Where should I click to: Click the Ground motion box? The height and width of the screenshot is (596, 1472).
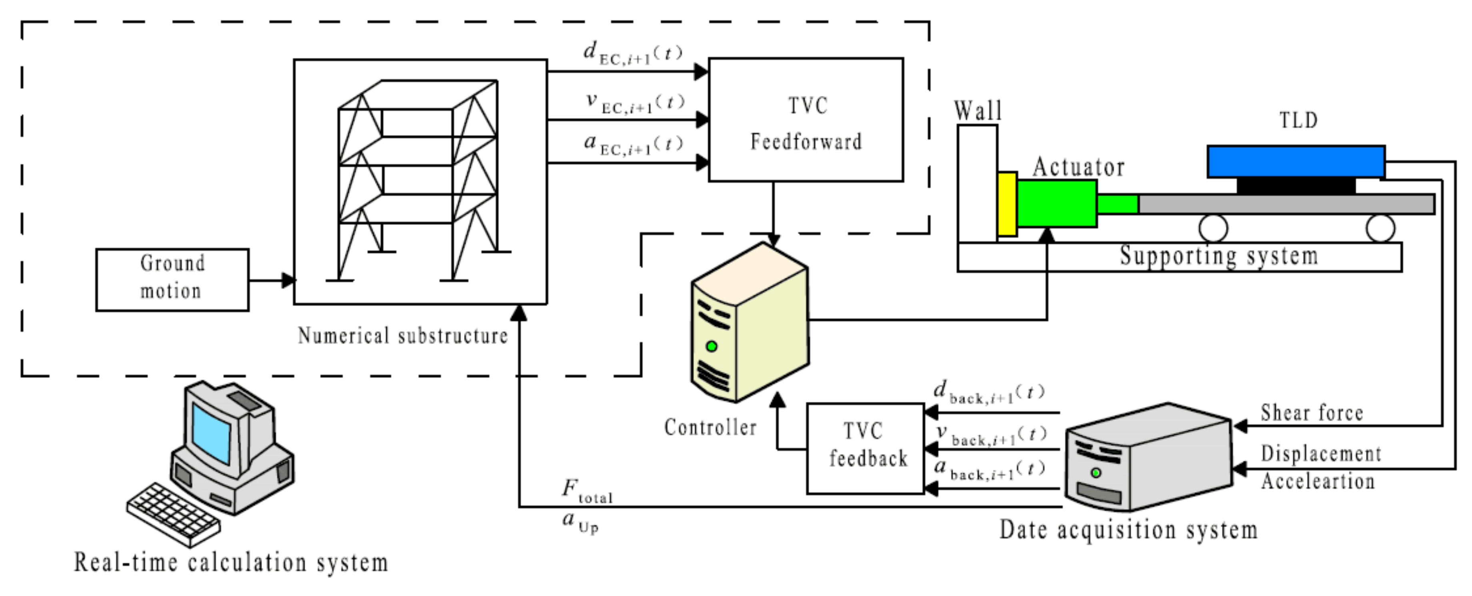pos(172,280)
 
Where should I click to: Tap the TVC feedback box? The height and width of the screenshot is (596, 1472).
pos(865,449)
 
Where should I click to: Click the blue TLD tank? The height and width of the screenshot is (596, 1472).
pos(1296,161)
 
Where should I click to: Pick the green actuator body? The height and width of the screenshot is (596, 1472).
pos(1056,204)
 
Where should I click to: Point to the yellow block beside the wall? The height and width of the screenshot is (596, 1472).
pos(1007,204)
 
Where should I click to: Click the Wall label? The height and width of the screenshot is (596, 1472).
pos(978,111)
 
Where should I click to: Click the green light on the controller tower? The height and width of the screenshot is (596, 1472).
pos(712,346)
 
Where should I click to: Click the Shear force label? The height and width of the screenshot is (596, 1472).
pos(1312,413)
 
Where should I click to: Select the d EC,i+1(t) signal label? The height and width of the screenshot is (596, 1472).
pos(632,54)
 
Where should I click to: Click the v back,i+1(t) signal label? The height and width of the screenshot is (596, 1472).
pos(991,435)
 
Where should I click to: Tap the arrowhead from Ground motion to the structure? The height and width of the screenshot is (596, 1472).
pos(288,280)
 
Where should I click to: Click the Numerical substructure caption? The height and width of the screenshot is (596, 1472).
pos(402,336)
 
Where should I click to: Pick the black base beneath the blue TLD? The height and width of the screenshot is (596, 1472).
pos(1296,185)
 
